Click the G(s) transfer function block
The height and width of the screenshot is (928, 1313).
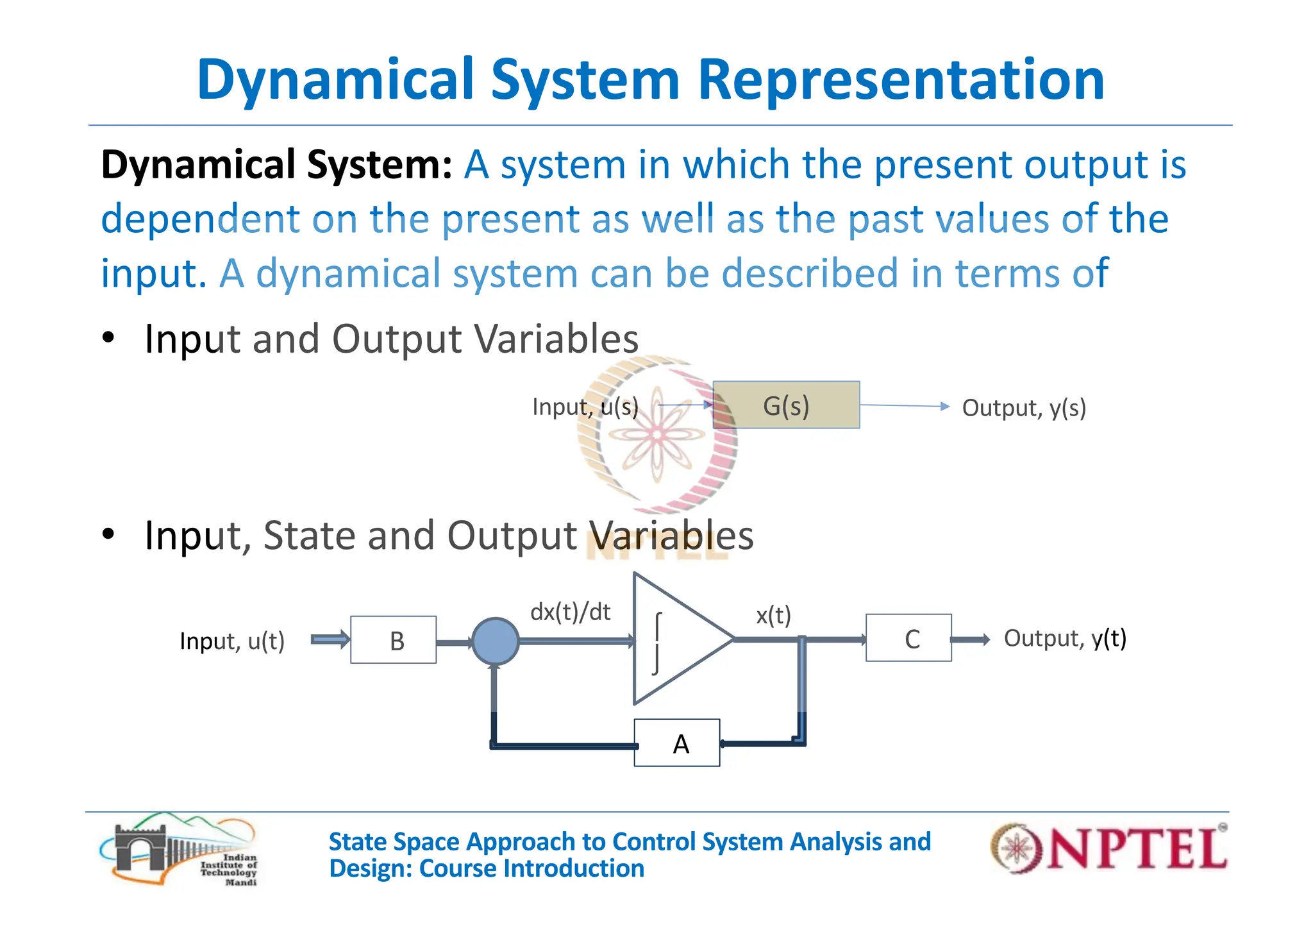click(786, 405)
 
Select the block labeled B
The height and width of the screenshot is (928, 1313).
click(394, 640)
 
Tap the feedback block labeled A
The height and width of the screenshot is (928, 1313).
click(677, 743)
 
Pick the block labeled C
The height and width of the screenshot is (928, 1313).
click(908, 638)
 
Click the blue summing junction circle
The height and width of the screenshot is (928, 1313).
click(495, 641)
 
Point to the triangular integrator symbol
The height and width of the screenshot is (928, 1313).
click(680, 639)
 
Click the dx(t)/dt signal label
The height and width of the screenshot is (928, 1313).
click(570, 612)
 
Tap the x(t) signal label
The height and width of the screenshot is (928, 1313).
click(773, 616)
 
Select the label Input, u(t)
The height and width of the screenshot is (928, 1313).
click(232, 641)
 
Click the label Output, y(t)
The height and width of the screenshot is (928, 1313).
click(1065, 639)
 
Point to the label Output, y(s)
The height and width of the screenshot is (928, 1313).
click(1024, 408)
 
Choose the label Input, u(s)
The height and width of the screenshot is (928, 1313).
click(585, 407)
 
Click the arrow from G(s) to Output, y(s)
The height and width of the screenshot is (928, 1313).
click(904, 406)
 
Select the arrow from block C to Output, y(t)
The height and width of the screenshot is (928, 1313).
click(970, 639)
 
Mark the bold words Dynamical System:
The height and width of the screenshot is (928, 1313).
click(277, 164)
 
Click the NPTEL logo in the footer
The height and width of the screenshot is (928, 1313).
click(1108, 848)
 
